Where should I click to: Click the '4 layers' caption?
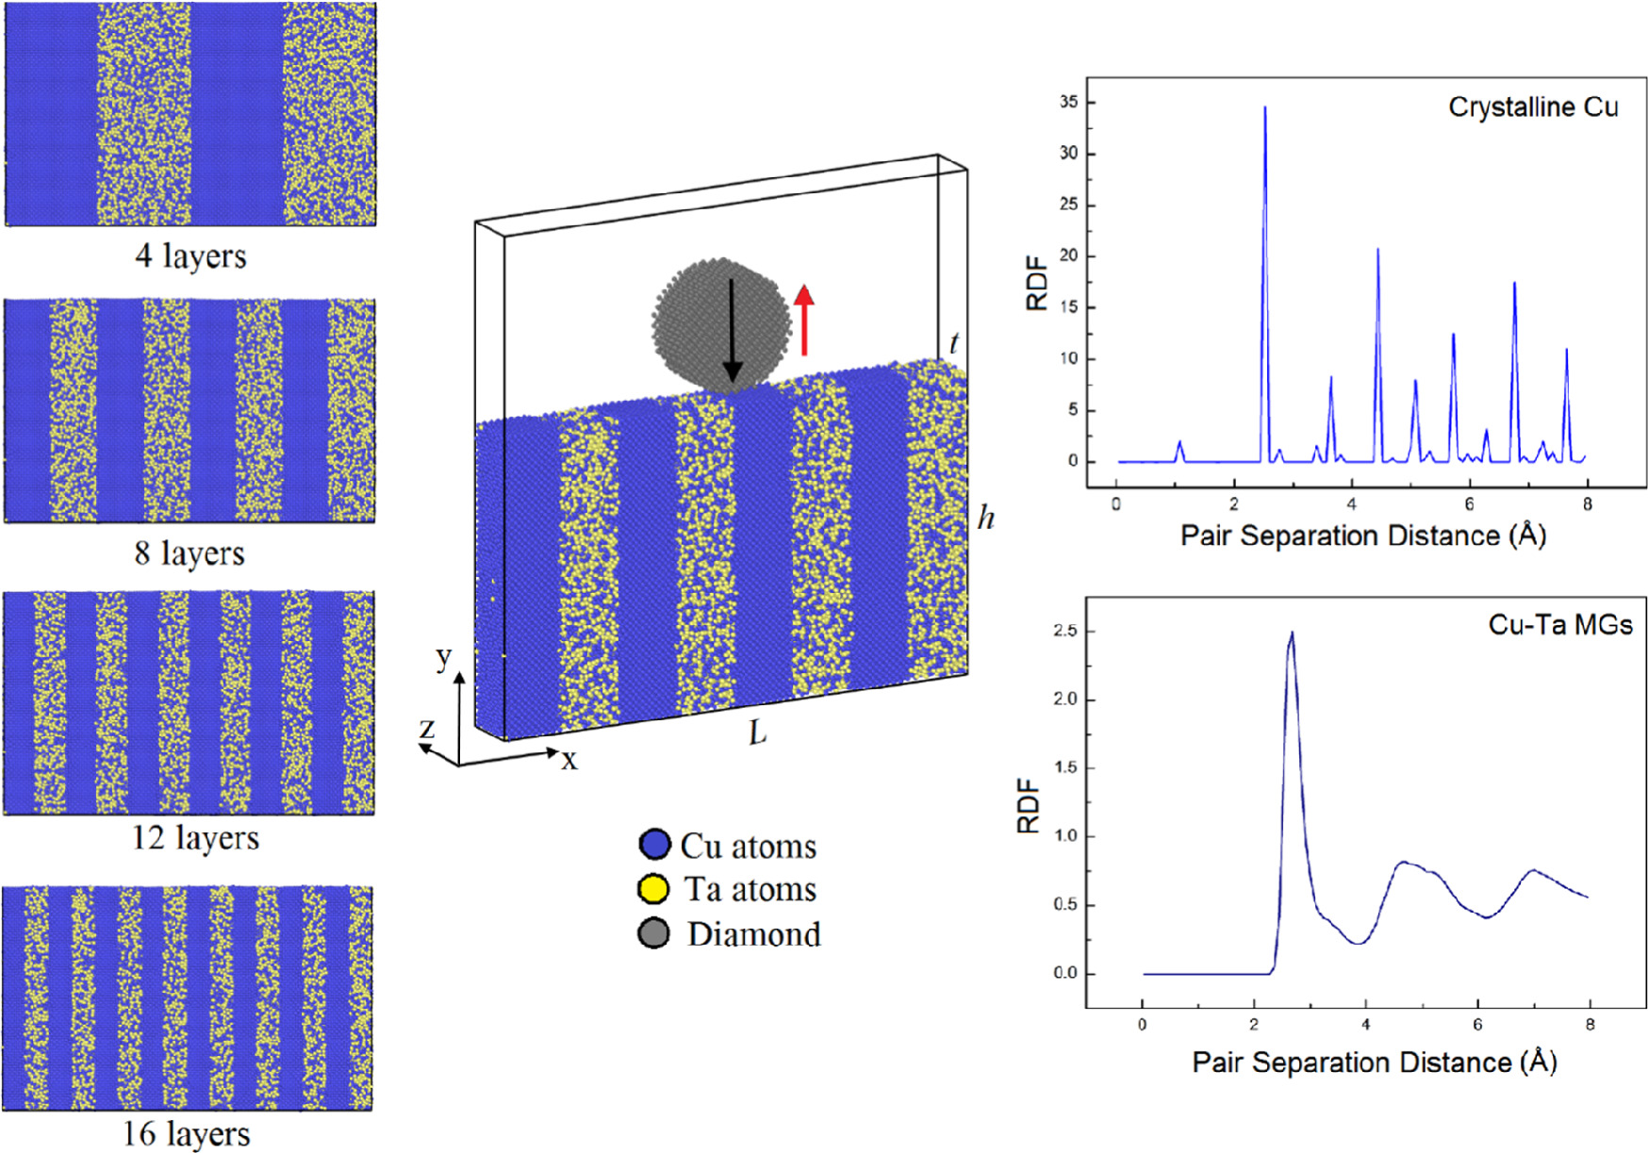click(190, 255)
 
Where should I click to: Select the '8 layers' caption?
click(190, 552)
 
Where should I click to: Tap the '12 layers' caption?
click(194, 837)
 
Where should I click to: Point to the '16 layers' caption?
click(187, 1133)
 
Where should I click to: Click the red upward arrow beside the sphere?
click(803, 321)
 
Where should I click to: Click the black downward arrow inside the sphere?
click(732, 330)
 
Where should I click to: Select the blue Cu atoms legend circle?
click(654, 845)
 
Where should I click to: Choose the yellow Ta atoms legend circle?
click(653, 889)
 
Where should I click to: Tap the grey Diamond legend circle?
click(653, 933)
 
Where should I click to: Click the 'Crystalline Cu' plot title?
click(1533, 107)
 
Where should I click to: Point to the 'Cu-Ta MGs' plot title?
click(1560, 625)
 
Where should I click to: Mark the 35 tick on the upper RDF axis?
click(1069, 102)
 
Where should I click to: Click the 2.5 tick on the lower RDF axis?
click(1066, 631)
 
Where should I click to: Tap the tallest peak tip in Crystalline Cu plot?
click(1265, 107)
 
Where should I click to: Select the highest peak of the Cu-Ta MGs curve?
click(1292, 633)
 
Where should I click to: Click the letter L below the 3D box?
click(758, 733)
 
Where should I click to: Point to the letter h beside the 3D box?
click(986, 517)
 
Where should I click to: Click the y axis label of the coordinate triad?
click(443, 657)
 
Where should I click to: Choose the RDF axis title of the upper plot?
click(1037, 283)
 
